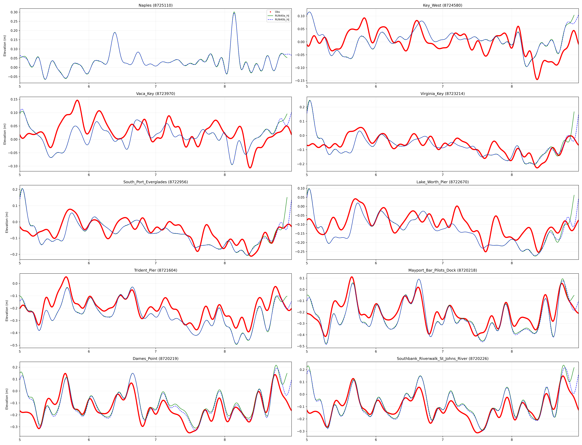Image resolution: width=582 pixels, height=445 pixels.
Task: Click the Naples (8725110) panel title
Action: pyautogui.click(x=156, y=5)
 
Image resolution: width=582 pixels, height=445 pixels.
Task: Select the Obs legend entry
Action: pyautogui.click(x=277, y=12)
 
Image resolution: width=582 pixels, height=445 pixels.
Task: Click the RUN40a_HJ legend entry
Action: pyautogui.click(x=282, y=16)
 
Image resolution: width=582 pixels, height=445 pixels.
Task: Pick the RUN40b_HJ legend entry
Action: pyautogui.click(x=282, y=20)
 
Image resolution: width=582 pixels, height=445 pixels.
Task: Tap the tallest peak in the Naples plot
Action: pyautogui.click(x=234, y=12)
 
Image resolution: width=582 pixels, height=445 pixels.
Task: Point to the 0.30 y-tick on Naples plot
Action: pyautogui.click(x=14, y=12)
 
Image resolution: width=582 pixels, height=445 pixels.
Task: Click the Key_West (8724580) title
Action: pyautogui.click(x=442, y=5)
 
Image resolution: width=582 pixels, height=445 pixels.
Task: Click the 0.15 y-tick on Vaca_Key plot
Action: pyautogui.click(x=14, y=99)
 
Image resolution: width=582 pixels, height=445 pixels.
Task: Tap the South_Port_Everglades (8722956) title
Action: pyautogui.click(x=156, y=182)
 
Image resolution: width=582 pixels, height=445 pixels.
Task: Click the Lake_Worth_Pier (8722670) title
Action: pyautogui.click(x=442, y=182)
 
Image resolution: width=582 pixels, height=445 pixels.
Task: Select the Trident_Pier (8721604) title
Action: pyautogui.click(x=156, y=270)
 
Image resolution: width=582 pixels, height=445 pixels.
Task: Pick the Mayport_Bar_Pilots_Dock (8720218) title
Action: pyautogui.click(x=442, y=270)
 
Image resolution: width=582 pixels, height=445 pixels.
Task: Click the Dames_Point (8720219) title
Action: pyautogui.click(x=156, y=359)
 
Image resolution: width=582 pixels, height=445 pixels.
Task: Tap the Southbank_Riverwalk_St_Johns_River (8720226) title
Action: pyautogui.click(x=442, y=359)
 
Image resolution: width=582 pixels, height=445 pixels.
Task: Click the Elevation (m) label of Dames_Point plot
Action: pyautogui.click(x=7, y=399)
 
